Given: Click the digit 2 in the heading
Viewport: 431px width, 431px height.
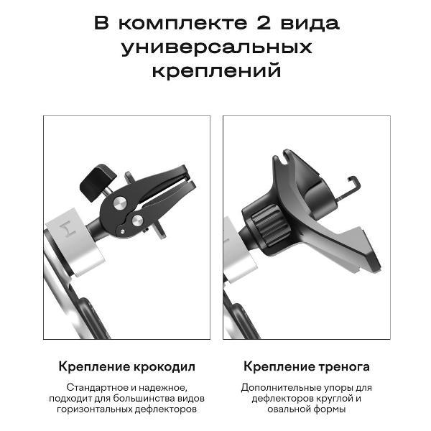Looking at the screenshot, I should tap(261, 23).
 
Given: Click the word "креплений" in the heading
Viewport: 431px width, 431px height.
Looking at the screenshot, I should tap(216, 72).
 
